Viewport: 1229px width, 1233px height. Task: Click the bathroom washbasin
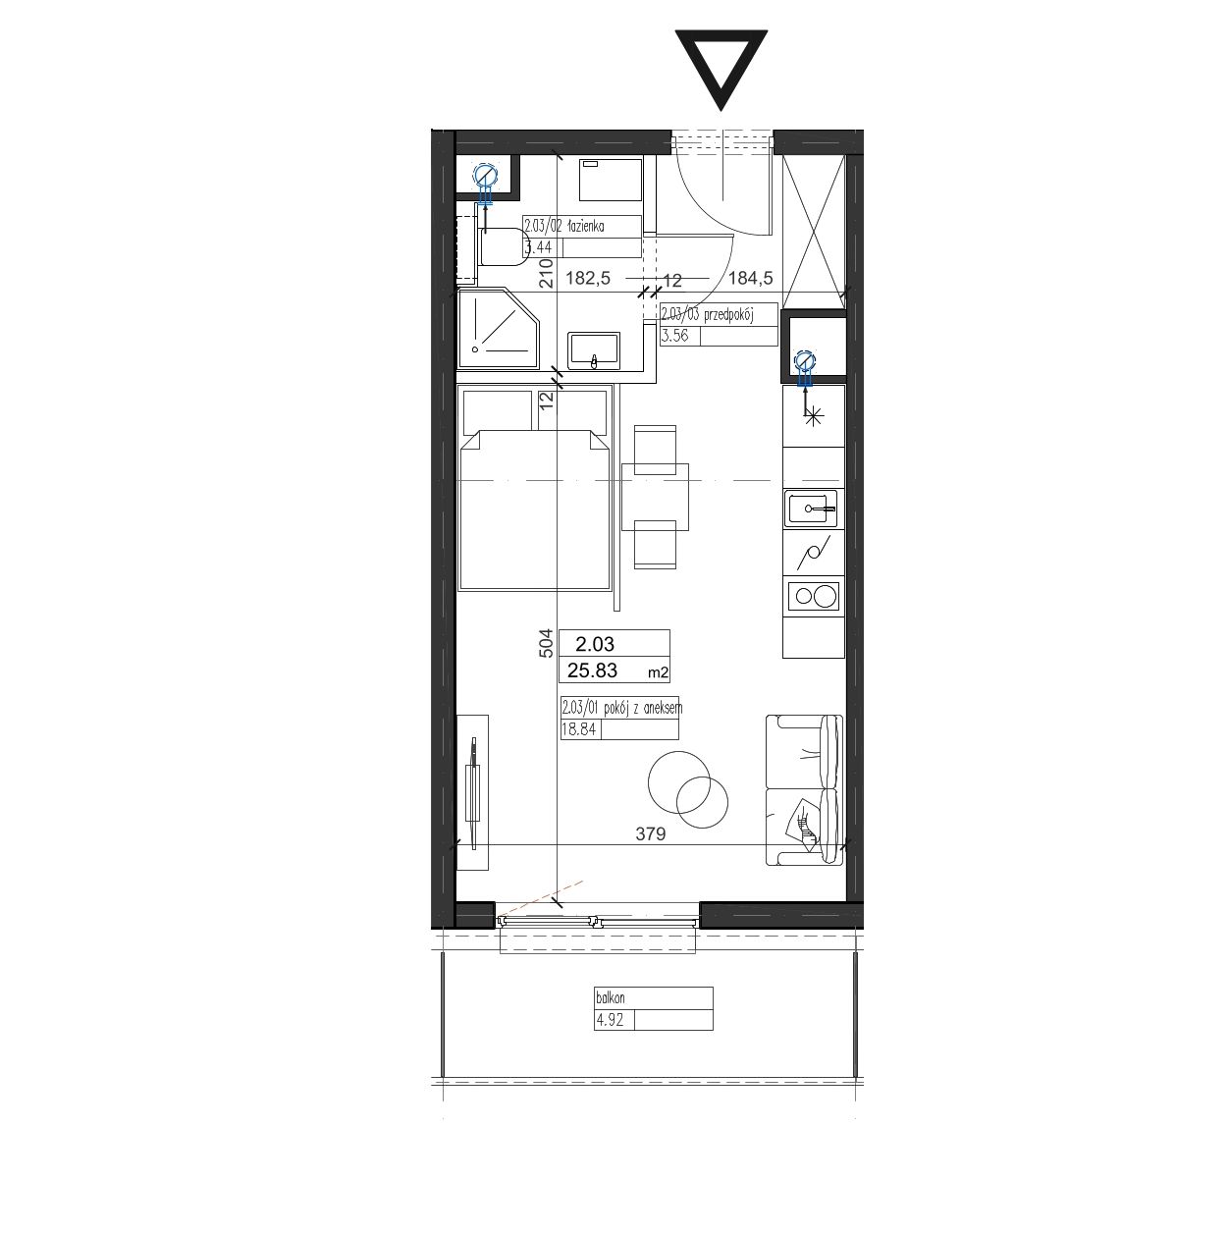click(594, 350)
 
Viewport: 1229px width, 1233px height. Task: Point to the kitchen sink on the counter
click(812, 509)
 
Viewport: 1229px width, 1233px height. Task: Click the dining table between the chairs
click(655, 497)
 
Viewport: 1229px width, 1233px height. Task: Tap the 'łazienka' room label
click(583, 226)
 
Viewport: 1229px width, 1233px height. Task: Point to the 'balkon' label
click(610, 997)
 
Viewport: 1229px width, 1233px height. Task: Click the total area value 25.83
click(592, 670)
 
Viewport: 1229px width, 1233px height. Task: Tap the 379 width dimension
click(651, 833)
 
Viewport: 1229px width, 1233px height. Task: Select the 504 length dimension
click(546, 644)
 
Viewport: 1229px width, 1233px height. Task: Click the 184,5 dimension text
click(751, 278)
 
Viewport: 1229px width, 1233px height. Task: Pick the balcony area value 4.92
click(610, 1020)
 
